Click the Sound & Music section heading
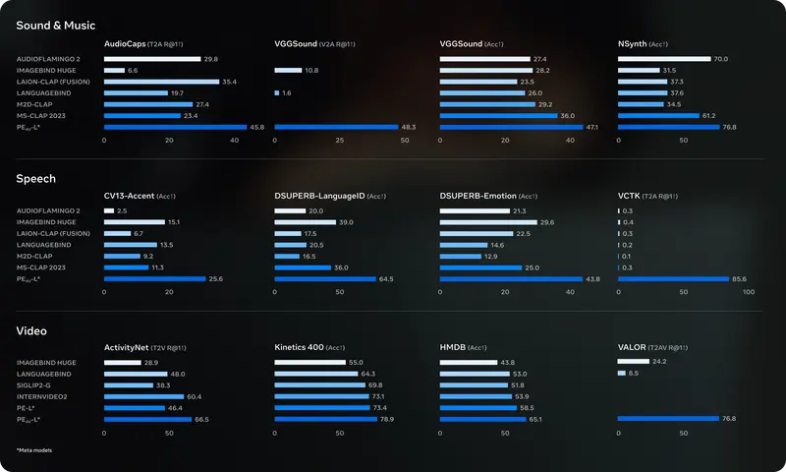click(x=56, y=26)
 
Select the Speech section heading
click(x=35, y=179)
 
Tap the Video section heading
click(x=31, y=331)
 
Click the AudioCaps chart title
click(x=125, y=44)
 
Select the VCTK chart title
click(x=629, y=197)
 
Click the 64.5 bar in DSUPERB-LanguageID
click(x=325, y=279)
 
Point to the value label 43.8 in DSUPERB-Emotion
click(x=592, y=279)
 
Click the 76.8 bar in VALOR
click(x=668, y=419)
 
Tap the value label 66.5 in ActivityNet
click(x=201, y=419)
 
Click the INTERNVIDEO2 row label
click(x=41, y=396)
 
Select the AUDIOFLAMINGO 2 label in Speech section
click(x=48, y=211)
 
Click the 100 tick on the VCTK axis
click(x=748, y=292)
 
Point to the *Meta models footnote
click(x=34, y=449)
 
